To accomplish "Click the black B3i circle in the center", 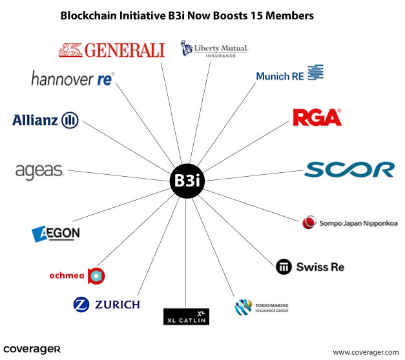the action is pos(187,181).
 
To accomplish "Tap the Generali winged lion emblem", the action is pos(70,50).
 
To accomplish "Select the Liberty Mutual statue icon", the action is pos(187,48).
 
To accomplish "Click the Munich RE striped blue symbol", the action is pos(315,72).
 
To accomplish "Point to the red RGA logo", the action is pos(317,117).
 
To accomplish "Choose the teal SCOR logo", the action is pos(349,170).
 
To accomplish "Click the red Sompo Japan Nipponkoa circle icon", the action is pos(309,222).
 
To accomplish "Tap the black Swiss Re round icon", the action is pos(284,266).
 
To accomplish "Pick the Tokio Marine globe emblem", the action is pos(243,307).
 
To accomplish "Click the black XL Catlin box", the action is pos(186,317).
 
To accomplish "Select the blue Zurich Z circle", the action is pos(81,305).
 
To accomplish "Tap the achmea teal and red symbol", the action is pos(96,276).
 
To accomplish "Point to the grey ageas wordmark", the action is pos(39,172).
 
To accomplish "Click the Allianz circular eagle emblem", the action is pos(70,120).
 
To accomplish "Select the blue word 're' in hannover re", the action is pos(105,79).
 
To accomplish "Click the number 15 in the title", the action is pos(255,15).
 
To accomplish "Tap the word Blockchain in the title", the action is pos(88,15).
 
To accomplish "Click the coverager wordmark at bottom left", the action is pos(32,350).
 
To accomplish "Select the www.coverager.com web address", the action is pos(366,352).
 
